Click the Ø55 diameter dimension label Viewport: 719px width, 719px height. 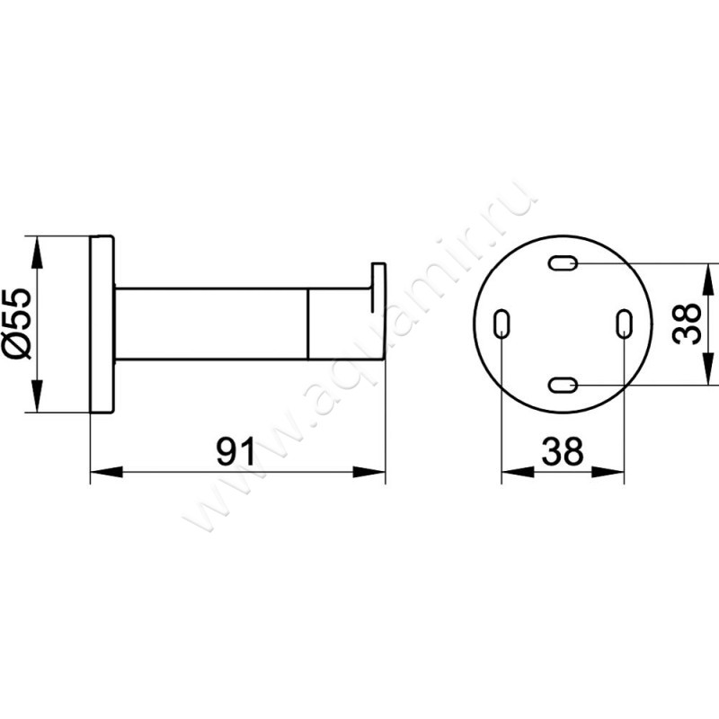coord(21,324)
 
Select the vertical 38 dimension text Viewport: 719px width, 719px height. coord(688,324)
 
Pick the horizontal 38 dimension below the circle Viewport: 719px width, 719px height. coord(563,452)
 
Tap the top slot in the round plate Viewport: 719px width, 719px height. coord(563,263)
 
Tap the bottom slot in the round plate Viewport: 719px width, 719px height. coord(563,385)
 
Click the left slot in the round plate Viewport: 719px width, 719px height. coord(502,324)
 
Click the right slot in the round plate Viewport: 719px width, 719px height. coord(624,324)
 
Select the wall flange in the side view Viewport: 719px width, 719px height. coord(102,324)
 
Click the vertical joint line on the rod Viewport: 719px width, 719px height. coord(309,324)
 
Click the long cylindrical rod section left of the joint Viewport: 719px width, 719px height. coord(211,324)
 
